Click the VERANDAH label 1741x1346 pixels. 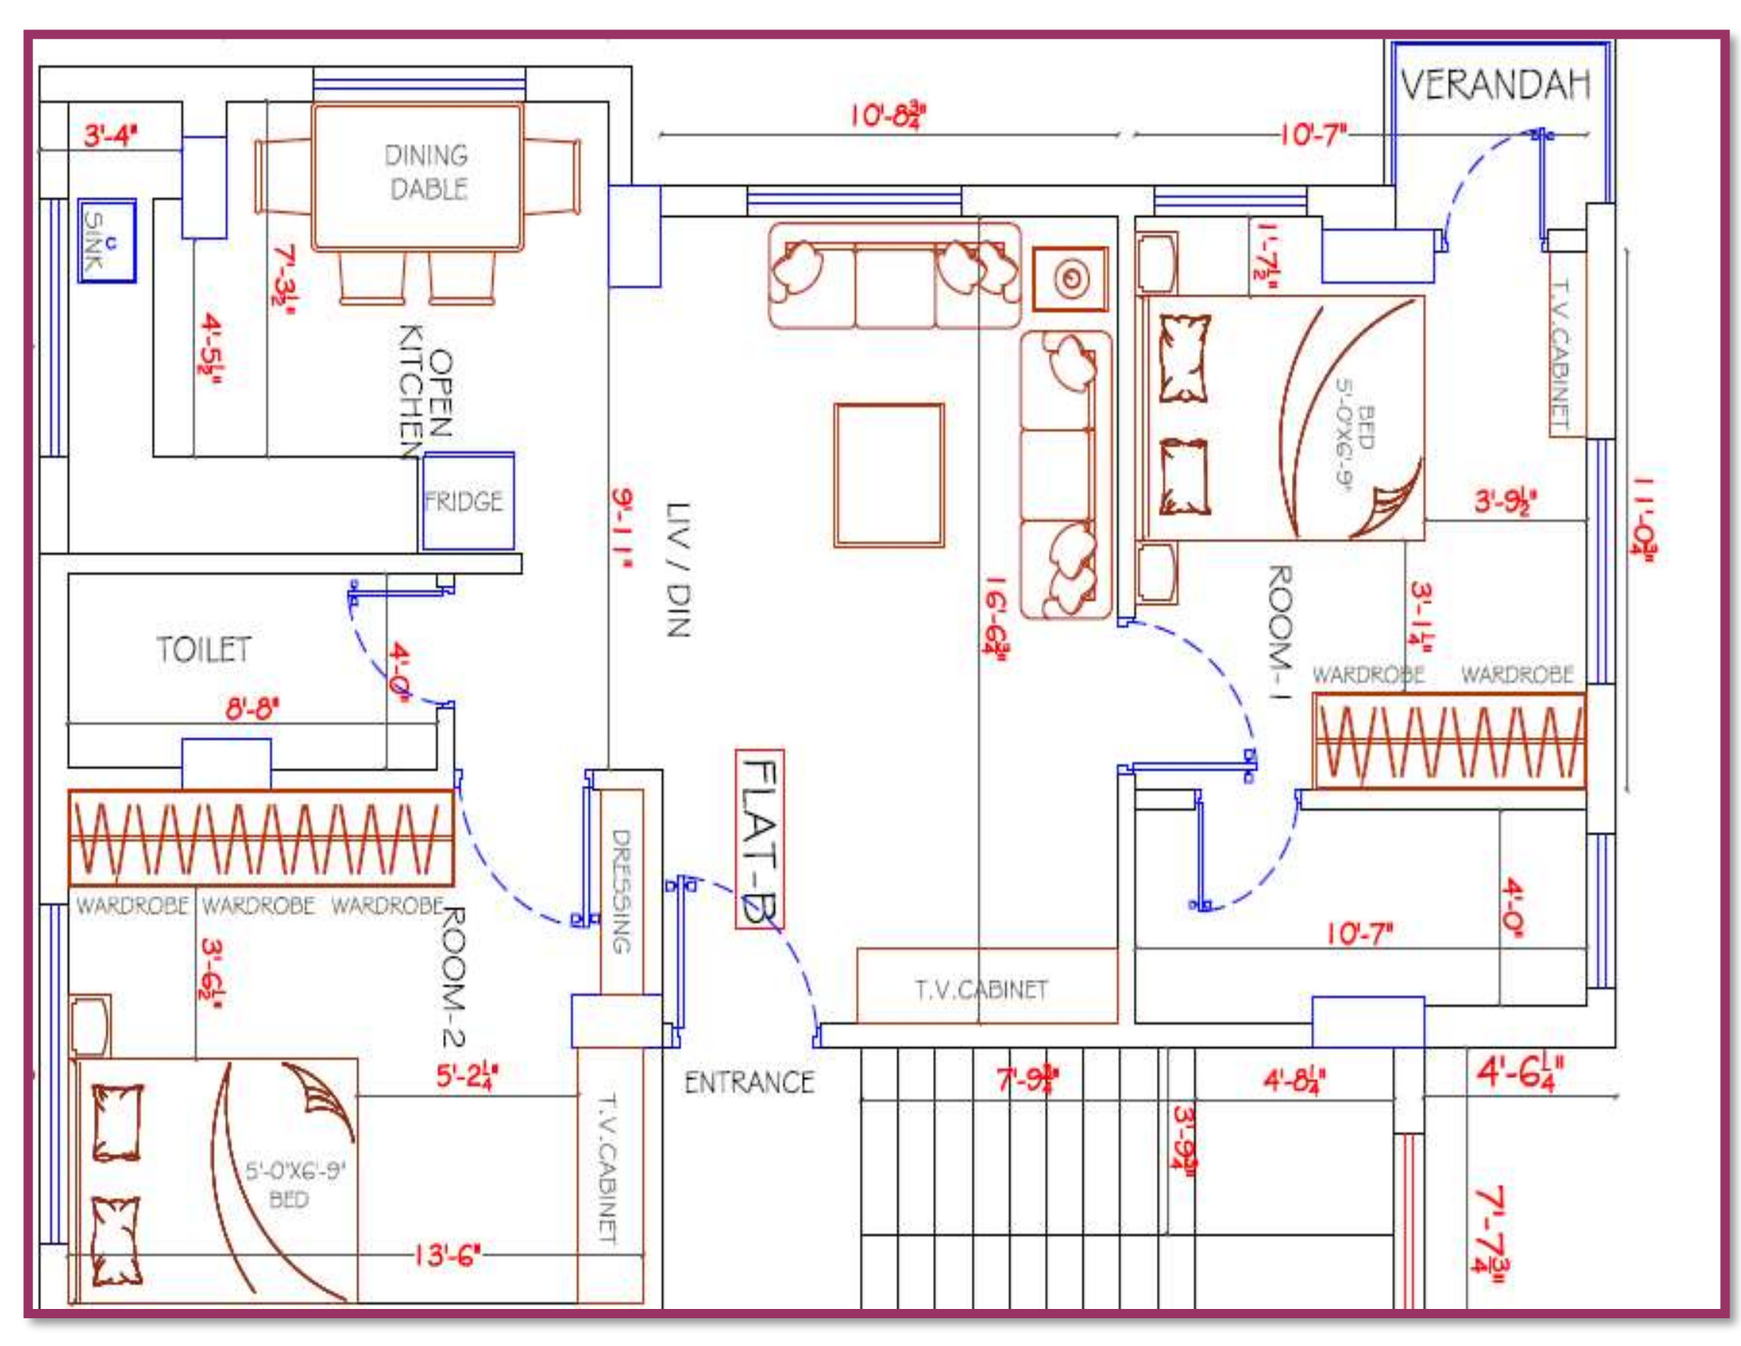coord(1496,86)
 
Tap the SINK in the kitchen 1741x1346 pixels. coord(106,240)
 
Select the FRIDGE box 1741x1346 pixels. coord(466,502)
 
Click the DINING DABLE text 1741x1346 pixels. coord(428,171)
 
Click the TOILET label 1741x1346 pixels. coord(204,650)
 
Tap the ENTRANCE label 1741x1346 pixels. coord(749,1083)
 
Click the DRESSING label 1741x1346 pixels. coord(622,891)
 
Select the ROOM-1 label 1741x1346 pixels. coord(1280,631)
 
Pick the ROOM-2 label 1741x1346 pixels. coord(454,976)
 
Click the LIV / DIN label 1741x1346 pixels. coord(678,570)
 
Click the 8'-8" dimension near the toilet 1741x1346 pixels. coord(252,708)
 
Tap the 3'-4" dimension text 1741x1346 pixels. coord(111,136)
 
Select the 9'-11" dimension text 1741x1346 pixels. coord(622,528)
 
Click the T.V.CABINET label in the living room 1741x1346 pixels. coord(981,989)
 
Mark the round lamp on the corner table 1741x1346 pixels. coord(1070,279)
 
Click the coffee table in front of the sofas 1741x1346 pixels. coord(889,475)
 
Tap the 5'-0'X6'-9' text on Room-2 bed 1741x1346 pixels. coord(293,1172)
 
